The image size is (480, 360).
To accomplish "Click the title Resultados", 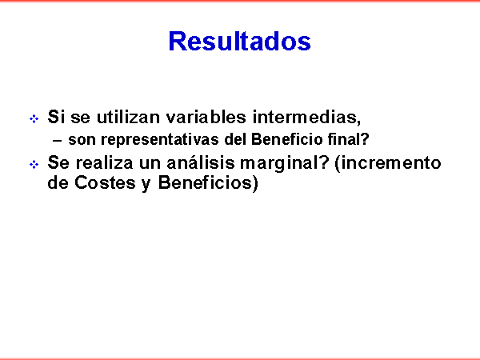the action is click(240, 41).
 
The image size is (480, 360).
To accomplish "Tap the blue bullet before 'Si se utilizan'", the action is click(34, 118).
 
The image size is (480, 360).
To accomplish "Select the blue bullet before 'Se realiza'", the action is click(34, 164).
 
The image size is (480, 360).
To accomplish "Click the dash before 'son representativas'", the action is click(57, 141).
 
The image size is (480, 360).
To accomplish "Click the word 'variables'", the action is click(206, 117).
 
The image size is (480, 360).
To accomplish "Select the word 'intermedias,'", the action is click(306, 118).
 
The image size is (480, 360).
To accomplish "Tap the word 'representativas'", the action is click(160, 140).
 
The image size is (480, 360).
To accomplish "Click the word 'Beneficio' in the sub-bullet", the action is click(287, 139).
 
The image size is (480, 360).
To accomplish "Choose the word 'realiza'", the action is click(104, 162).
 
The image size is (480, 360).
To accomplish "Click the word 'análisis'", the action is click(201, 162).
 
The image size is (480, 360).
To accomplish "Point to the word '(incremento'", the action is click(388, 163).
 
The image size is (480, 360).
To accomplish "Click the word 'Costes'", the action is click(105, 182).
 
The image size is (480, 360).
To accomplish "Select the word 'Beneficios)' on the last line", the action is click(208, 183).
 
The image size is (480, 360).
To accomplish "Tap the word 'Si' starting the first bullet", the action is click(56, 117).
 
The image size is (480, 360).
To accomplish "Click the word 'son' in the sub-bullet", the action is click(82, 140).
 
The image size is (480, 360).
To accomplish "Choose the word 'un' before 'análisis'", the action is click(150, 164).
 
